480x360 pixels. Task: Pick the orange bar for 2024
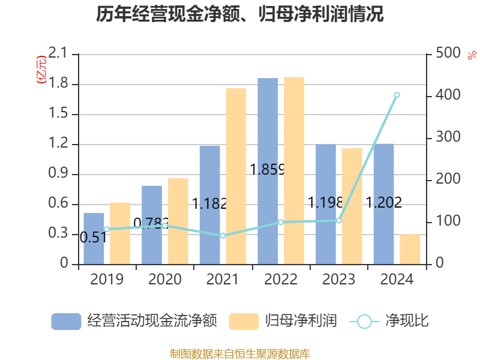(410, 249)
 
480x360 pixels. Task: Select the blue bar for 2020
(152, 225)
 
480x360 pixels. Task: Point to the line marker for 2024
(397, 95)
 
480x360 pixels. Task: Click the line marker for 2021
(223, 236)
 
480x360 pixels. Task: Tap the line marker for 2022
(281, 222)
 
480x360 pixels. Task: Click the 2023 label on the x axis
(338, 280)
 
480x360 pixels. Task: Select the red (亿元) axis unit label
(41, 71)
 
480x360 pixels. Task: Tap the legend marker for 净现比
(364, 321)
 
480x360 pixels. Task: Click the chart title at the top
(240, 14)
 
